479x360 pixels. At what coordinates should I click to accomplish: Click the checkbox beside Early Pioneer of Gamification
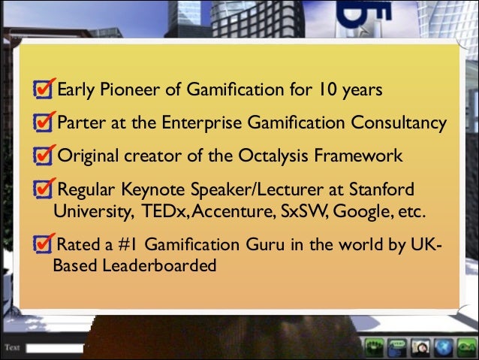pos(44,91)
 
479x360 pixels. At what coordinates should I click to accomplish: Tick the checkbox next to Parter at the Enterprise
pos(44,123)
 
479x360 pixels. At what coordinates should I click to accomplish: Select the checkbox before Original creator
pos(44,156)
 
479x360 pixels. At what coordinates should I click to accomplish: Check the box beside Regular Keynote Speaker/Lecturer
pos(44,189)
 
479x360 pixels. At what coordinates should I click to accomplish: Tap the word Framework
pos(362,156)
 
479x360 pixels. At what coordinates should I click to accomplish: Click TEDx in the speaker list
pos(158,211)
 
